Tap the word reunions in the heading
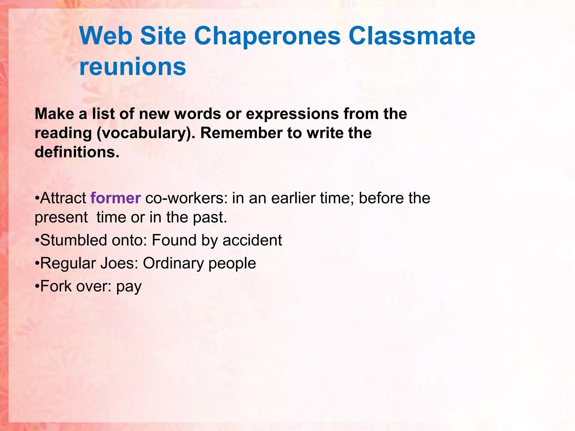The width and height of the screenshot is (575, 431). tap(133, 67)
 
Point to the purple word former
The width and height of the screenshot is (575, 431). tap(115, 198)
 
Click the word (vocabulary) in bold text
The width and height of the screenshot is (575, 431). tap(145, 133)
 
